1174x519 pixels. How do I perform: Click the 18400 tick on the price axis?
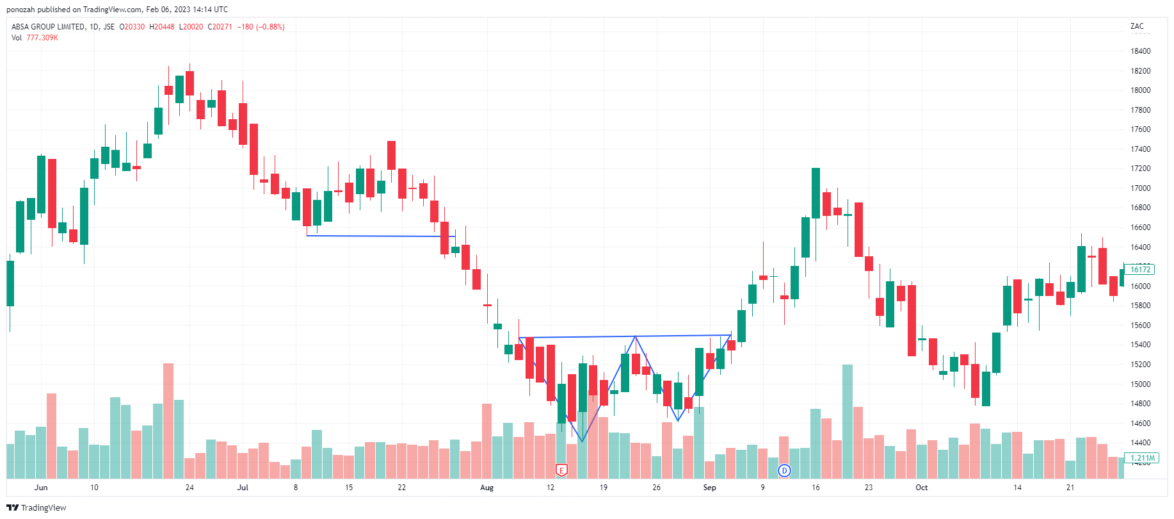1140,51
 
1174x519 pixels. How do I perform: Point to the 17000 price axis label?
1140,188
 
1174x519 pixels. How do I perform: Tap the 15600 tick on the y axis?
1140,325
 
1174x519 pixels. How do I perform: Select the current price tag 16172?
1139,270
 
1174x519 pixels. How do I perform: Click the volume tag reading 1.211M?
1142,458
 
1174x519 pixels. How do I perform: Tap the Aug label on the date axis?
487,488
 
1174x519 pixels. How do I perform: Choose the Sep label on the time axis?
709,488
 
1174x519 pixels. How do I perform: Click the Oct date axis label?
921,488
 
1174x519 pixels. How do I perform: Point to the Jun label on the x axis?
41,488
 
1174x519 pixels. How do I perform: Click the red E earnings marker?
561,471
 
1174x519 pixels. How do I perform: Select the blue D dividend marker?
784,471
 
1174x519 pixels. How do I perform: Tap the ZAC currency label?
1137,26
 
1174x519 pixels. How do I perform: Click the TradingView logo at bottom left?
36,507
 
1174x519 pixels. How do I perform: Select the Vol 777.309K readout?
35,38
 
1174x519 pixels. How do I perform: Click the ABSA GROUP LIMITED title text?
48,27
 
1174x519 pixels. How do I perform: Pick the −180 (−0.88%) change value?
261,27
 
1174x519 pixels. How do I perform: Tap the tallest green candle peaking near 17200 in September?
816,193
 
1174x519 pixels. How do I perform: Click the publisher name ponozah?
21,10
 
